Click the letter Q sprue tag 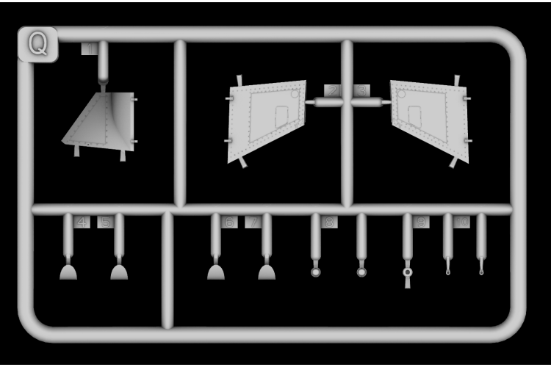click(37, 44)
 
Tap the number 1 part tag click(89, 48)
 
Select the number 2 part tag click(332, 90)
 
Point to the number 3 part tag click(361, 90)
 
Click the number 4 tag click(82, 222)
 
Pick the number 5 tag click(106, 222)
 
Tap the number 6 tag click(228, 222)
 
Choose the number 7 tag click(253, 222)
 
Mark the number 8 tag click(329, 222)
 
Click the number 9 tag click(421, 222)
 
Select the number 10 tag click(461, 222)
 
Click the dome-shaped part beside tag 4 click(68, 272)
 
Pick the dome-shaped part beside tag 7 click(267, 272)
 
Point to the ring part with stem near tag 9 click(408, 272)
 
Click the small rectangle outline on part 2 click(281, 115)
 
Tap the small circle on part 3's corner click(401, 93)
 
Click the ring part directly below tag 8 click(316, 272)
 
